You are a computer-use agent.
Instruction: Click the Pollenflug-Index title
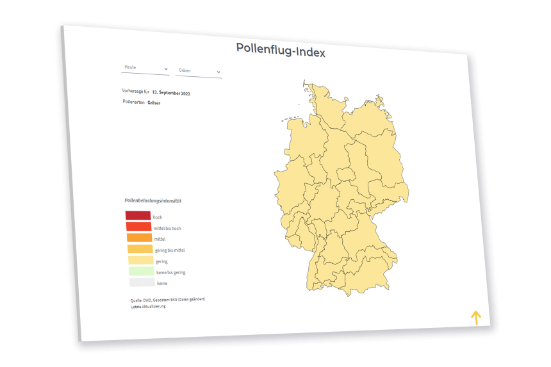[x=281, y=50]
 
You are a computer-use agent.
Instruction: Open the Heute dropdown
[x=145, y=68]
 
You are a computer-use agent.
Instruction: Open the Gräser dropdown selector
[x=199, y=71]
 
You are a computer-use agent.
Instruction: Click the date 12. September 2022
[x=171, y=94]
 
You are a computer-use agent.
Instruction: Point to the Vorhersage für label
[x=135, y=91]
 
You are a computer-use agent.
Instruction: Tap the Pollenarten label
[x=133, y=102]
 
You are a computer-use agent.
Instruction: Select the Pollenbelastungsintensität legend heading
[x=152, y=200]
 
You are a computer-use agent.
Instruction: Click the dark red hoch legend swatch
[x=138, y=216]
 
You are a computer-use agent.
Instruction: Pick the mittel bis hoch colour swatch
[x=139, y=227]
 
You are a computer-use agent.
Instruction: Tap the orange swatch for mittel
[x=140, y=238]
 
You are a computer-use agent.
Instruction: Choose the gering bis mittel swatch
[x=140, y=249]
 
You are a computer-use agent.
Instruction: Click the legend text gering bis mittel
[x=170, y=250]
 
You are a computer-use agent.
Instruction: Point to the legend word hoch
[x=158, y=218]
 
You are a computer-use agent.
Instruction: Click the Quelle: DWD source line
[x=168, y=300]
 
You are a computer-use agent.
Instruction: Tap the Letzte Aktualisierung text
[x=149, y=307]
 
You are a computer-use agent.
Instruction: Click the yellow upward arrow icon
[x=475, y=317]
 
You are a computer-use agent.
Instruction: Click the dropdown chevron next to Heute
[x=166, y=69]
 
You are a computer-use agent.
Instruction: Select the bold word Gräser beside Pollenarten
[x=154, y=102]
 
